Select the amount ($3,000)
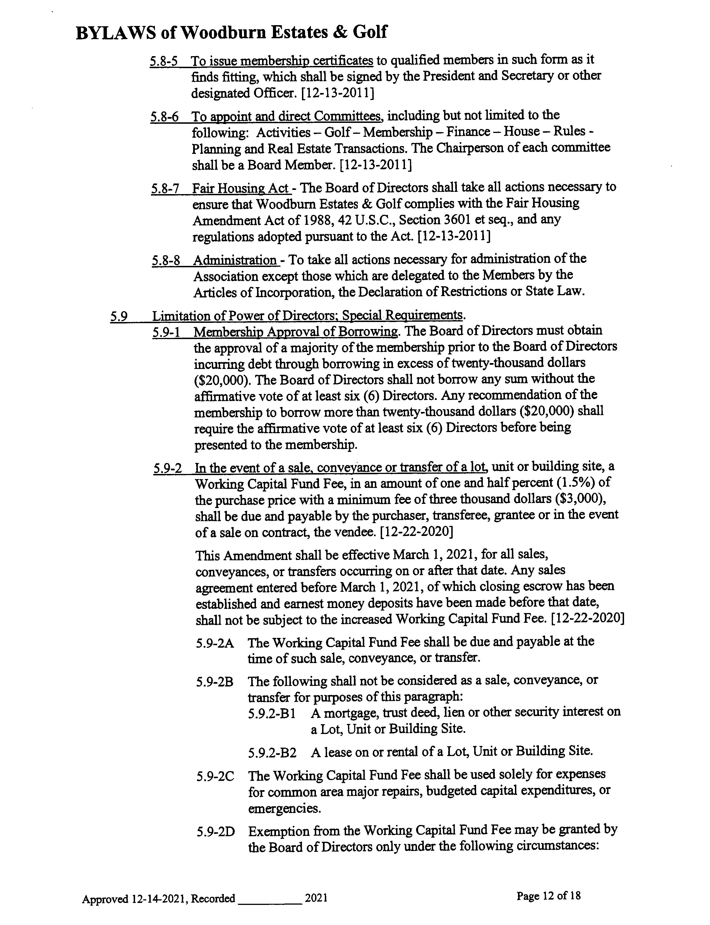click(580, 499)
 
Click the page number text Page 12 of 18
click(549, 895)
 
